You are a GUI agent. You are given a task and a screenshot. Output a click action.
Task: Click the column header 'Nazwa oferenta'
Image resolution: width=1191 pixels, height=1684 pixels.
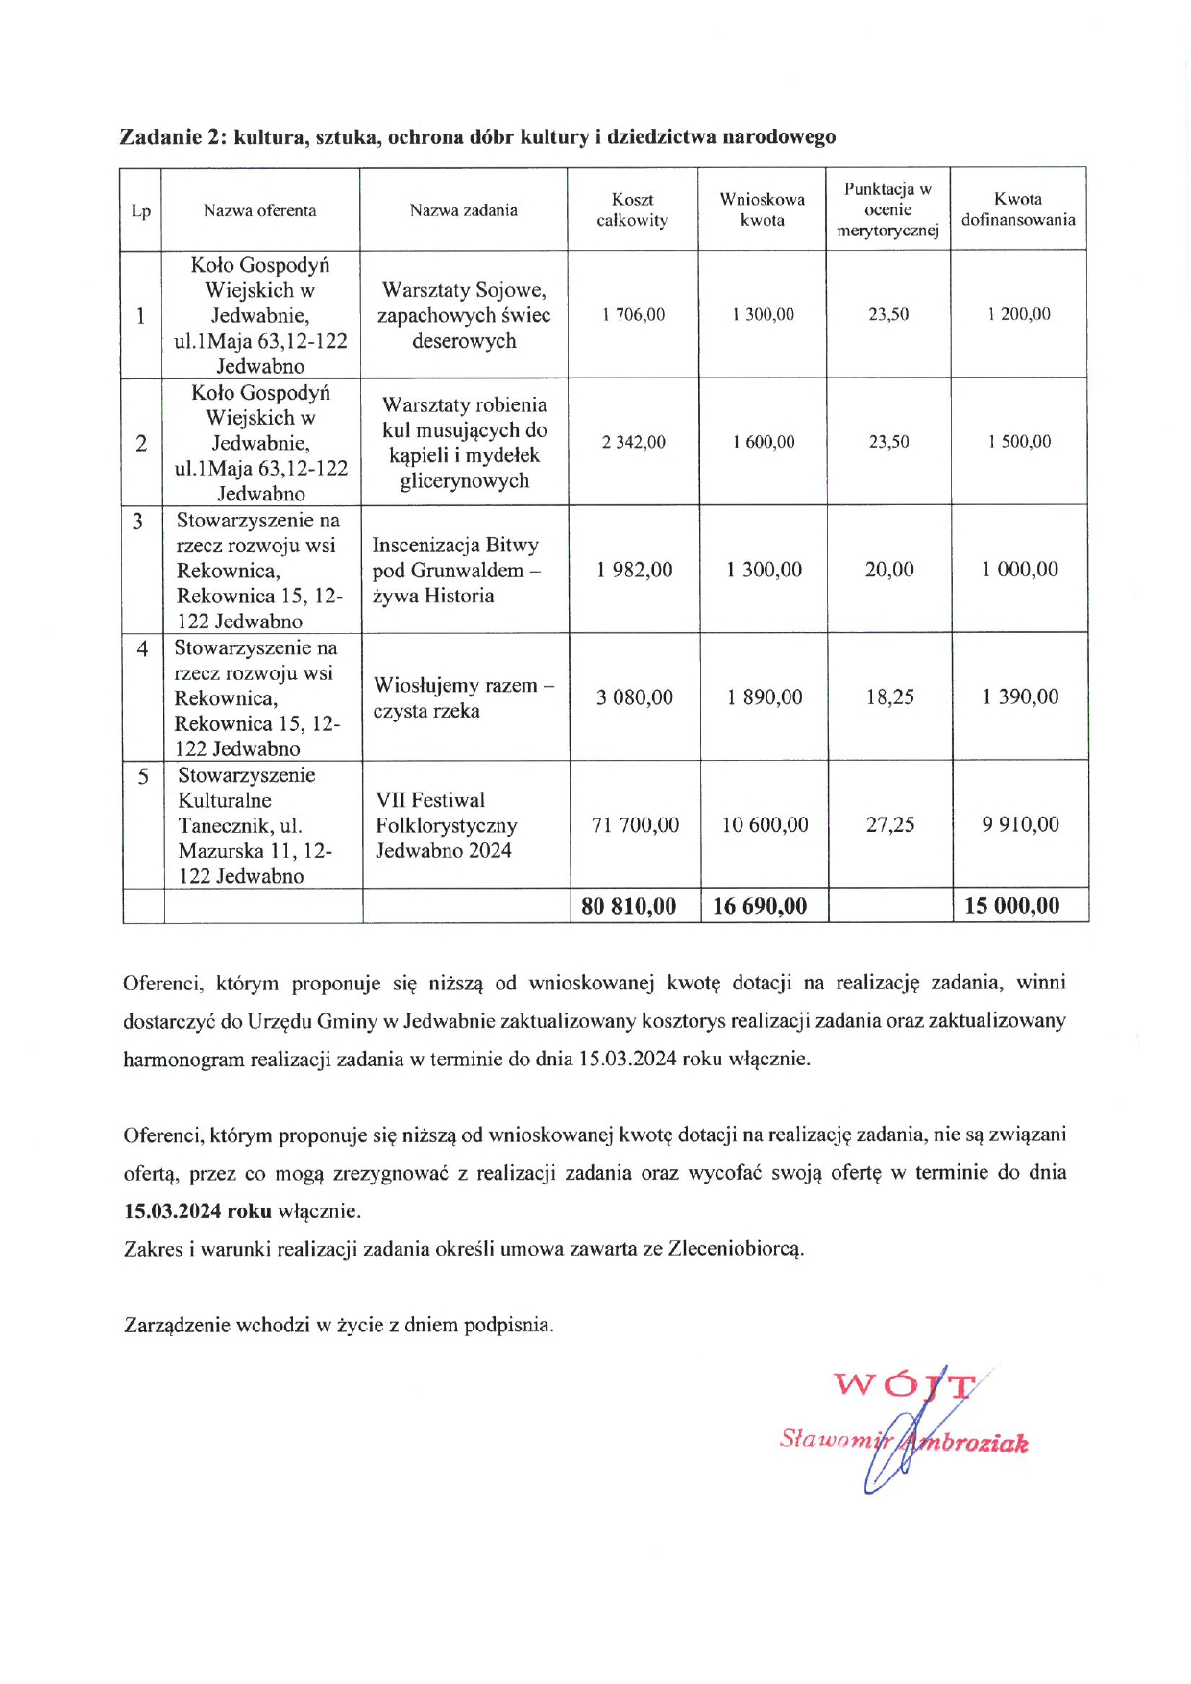coord(259,210)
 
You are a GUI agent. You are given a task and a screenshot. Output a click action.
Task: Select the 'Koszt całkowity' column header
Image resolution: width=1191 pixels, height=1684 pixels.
coord(632,209)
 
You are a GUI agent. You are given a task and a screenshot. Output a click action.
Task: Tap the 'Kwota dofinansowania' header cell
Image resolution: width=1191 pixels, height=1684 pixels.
coord(1018,209)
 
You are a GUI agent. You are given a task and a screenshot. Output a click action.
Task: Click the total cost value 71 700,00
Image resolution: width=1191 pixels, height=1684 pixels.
coord(635,825)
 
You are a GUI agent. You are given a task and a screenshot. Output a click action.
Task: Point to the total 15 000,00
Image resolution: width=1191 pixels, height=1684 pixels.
coord(1012,906)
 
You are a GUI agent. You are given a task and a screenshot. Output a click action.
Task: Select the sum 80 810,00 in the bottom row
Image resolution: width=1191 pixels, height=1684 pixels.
coord(629,906)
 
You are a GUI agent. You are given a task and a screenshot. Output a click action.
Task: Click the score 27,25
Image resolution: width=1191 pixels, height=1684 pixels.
coord(890,825)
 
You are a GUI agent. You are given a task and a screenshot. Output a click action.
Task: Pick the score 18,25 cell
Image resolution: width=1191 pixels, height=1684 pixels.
coord(890,697)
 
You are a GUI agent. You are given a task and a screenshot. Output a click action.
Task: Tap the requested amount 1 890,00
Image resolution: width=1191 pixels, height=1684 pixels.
coord(765,697)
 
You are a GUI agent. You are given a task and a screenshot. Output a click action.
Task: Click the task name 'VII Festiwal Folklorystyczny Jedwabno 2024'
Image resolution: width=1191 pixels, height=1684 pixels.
coord(447,825)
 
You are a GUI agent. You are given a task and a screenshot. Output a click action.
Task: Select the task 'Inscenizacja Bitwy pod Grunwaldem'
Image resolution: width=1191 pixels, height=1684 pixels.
coord(456,570)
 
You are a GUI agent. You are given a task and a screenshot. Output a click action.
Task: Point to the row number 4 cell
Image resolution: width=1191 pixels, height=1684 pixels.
coord(142,649)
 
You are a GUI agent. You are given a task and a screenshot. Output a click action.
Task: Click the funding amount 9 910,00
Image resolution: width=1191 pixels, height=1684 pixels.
coord(1020,825)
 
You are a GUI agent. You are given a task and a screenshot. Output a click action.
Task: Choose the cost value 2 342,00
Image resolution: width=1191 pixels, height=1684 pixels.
coord(634,442)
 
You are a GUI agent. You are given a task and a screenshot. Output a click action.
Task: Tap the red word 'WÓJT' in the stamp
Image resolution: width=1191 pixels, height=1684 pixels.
coord(904,1385)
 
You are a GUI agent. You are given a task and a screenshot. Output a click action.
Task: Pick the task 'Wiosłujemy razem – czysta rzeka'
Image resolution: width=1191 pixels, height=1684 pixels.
coord(464,697)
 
